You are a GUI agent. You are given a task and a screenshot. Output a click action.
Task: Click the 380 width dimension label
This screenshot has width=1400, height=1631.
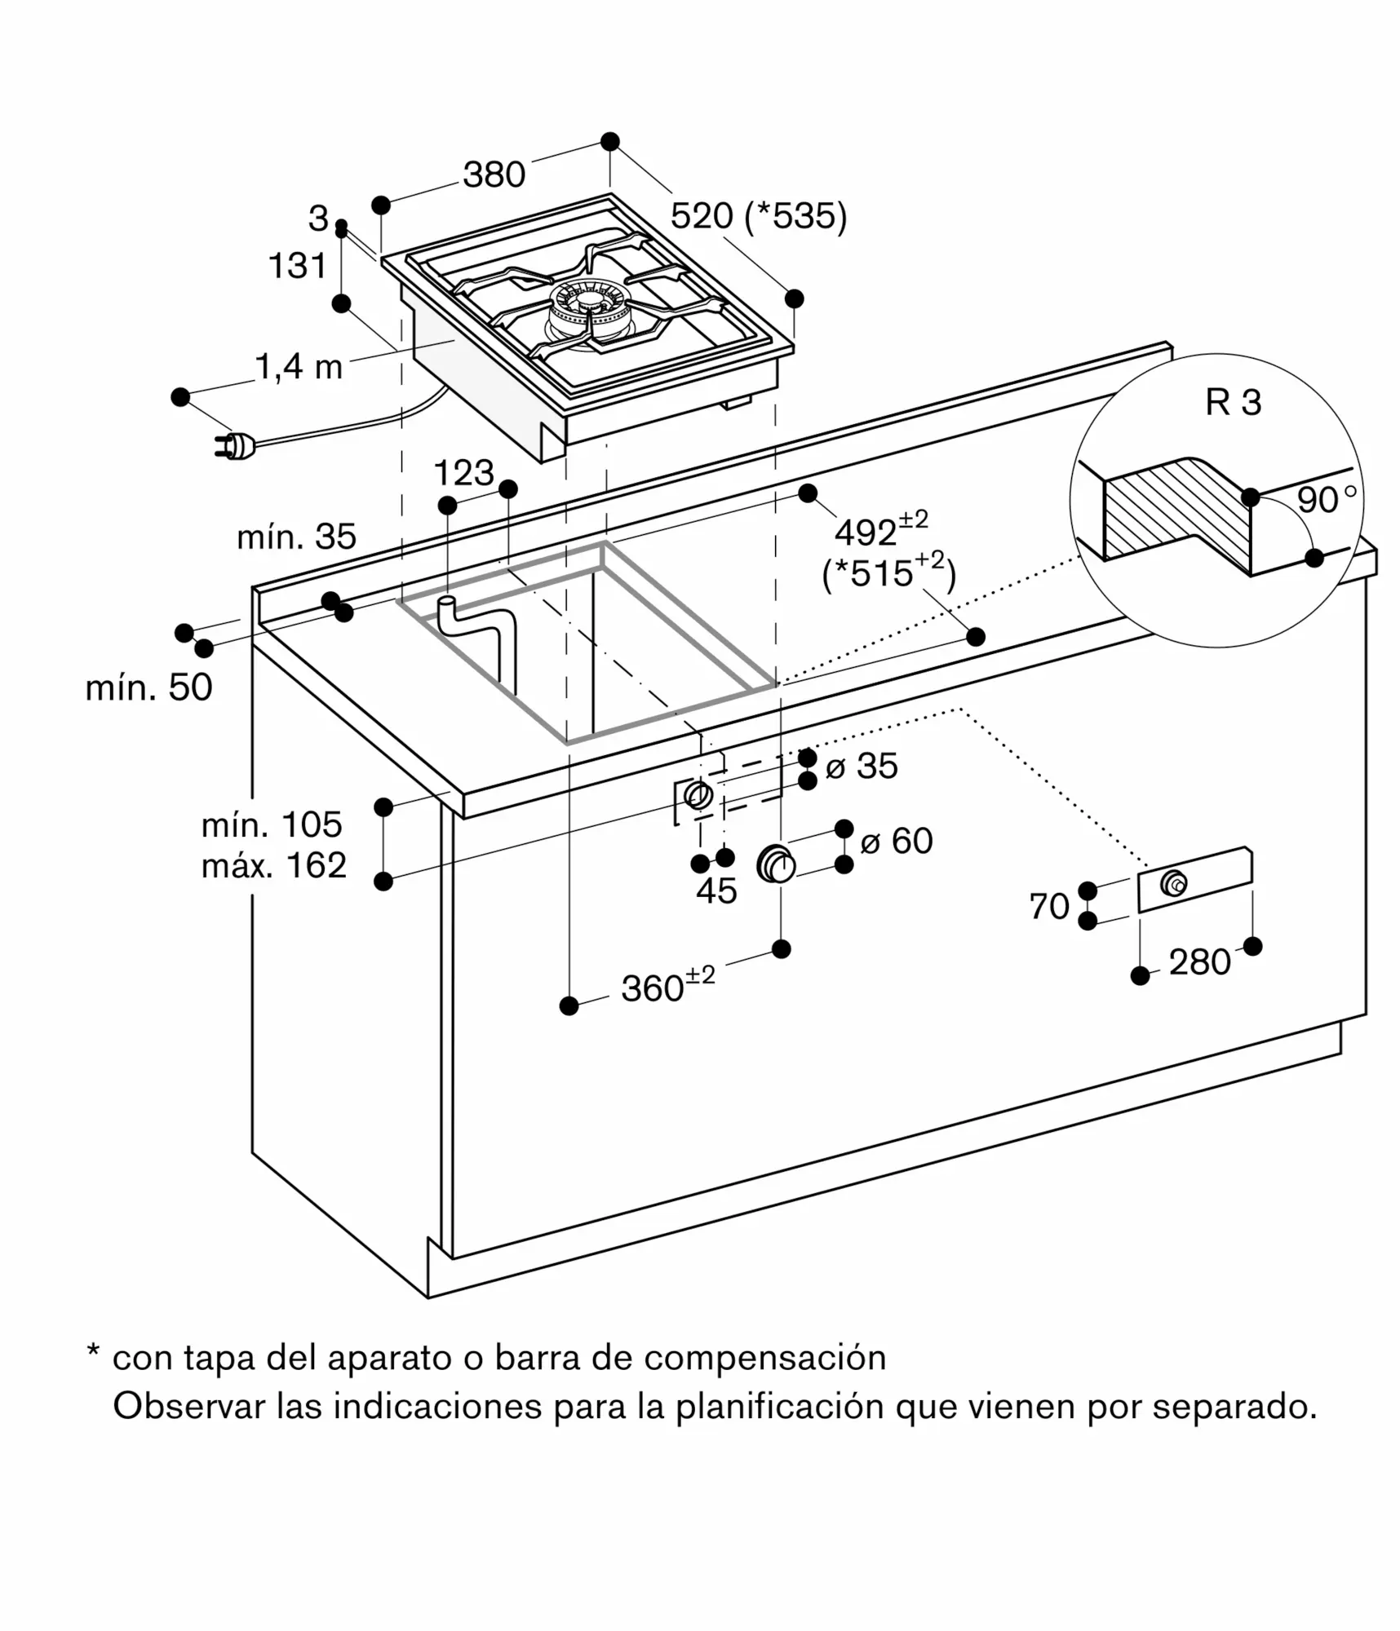coord(494,175)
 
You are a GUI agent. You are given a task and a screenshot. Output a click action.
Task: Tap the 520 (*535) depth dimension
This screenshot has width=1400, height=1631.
coord(759,216)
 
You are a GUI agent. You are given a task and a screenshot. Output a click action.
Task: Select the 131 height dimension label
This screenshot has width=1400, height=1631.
coord(298,266)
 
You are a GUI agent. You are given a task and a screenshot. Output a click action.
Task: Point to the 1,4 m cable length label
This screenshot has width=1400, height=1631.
coord(299,368)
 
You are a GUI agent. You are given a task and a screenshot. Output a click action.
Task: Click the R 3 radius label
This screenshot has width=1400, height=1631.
coord(1233,402)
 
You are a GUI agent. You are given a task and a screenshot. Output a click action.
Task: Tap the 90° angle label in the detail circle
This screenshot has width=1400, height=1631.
coord(1327,499)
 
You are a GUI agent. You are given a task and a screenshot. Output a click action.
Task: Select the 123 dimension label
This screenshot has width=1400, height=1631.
coord(464,473)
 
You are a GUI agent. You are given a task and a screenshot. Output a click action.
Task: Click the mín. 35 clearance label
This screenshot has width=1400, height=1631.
coord(296,537)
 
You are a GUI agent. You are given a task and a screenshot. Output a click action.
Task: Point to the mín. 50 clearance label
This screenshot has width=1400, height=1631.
coord(148,687)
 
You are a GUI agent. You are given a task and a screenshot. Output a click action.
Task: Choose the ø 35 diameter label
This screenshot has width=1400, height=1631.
coord(862,766)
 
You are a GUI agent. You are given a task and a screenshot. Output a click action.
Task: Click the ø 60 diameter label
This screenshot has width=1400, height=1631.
coord(896,841)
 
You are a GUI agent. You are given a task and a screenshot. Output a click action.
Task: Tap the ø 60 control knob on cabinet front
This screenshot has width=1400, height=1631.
coord(776,864)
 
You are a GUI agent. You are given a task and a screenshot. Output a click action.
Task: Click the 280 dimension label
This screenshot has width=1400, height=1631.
coord(1199,962)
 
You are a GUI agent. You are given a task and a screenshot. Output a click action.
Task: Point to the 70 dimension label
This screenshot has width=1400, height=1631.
coord(1049,906)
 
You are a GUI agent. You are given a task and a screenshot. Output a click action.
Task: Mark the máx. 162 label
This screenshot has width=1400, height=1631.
coord(274,865)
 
